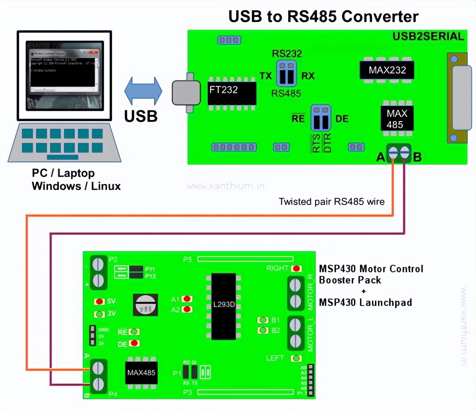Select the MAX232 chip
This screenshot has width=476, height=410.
pyautogui.click(x=387, y=70)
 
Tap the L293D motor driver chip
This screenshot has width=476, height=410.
pyautogui.click(x=224, y=306)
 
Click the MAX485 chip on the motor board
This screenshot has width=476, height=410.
pyautogui.click(x=141, y=373)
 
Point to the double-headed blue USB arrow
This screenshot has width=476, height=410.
pyautogui.click(x=143, y=91)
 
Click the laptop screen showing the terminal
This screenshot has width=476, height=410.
pyautogui.click(x=64, y=75)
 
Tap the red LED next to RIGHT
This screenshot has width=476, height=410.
pyautogui.click(x=297, y=269)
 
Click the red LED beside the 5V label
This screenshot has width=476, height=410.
pyautogui.click(x=99, y=302)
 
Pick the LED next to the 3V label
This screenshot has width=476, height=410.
pyautogui.click(x=99, y=314)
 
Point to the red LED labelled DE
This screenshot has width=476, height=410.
pyautogui.click(x=134, y=343)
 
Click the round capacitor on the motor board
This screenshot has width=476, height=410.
pyautogui.click(x=145, y=304)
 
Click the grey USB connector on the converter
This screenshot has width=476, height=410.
pyautogui.click(x=186, y=93)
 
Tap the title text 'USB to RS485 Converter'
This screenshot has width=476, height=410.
pyautogui.click(x=323, y=16)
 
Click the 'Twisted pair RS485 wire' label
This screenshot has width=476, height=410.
pyautogui.click(x=332, y=202)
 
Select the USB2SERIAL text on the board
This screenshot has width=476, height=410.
pyautogui.click(x=428, y=36)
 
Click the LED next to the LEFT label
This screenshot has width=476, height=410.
pyautogui.click(x=296, y=358)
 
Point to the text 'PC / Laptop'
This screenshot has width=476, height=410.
pyautogui.click(x=63, y=173)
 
